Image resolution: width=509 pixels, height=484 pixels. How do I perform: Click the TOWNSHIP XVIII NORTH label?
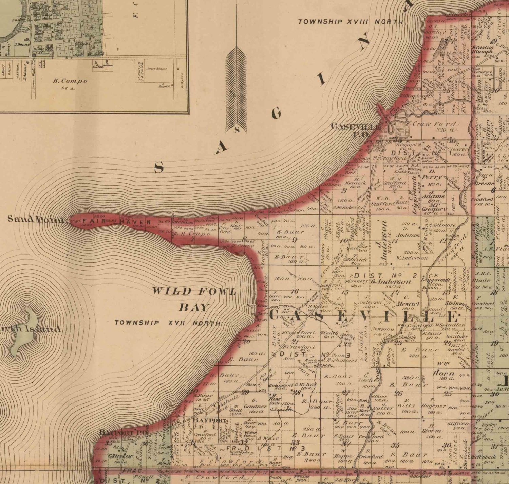[351, 22]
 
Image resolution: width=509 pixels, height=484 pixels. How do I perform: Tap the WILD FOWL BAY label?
[193, 299]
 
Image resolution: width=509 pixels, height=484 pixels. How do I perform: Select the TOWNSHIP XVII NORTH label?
[167, 323]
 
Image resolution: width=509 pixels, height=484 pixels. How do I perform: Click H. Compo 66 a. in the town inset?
[70, 84]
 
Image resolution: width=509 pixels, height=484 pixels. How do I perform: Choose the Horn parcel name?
[444, 373]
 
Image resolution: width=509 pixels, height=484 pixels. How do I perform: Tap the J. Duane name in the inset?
[22, 44]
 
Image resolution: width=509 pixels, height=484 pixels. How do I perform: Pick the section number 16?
[294, 291]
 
